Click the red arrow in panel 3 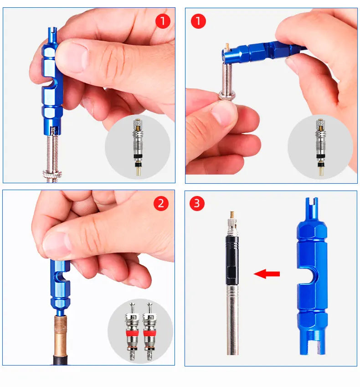tap(267, 273)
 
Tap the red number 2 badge tap(161, 204)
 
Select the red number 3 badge tap(197, 203)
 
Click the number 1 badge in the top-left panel tap(163, 21)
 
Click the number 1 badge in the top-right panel tap(198, 21)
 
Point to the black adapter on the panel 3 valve tap(232, 260)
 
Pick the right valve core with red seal tap(149, 331)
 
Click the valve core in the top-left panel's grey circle tap(138, 147)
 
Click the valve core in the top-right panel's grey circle tap(320, 147)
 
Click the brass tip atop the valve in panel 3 tap(232, 214)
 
